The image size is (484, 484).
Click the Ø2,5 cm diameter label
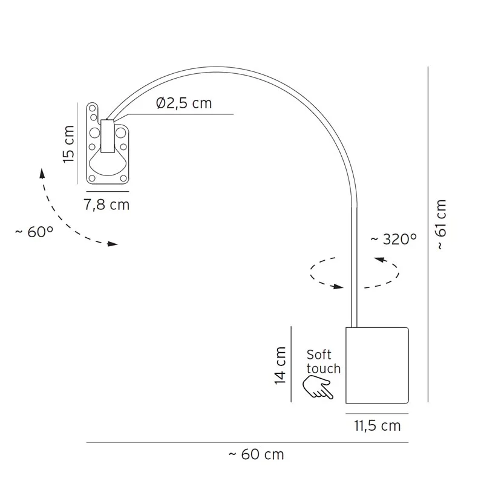(184, 103)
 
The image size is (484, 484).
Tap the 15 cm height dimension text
(68, 144)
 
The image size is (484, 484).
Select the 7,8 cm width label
(106, 205)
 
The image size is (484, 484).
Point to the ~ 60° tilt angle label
(34, 232)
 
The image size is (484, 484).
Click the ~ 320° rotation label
(394, 239)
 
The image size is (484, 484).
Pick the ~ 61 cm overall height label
(441, 224)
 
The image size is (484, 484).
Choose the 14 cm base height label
(280, 365)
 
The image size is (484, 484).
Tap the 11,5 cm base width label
(377, 426)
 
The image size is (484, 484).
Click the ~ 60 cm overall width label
(256, 454)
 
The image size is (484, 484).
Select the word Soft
(319, 355)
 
